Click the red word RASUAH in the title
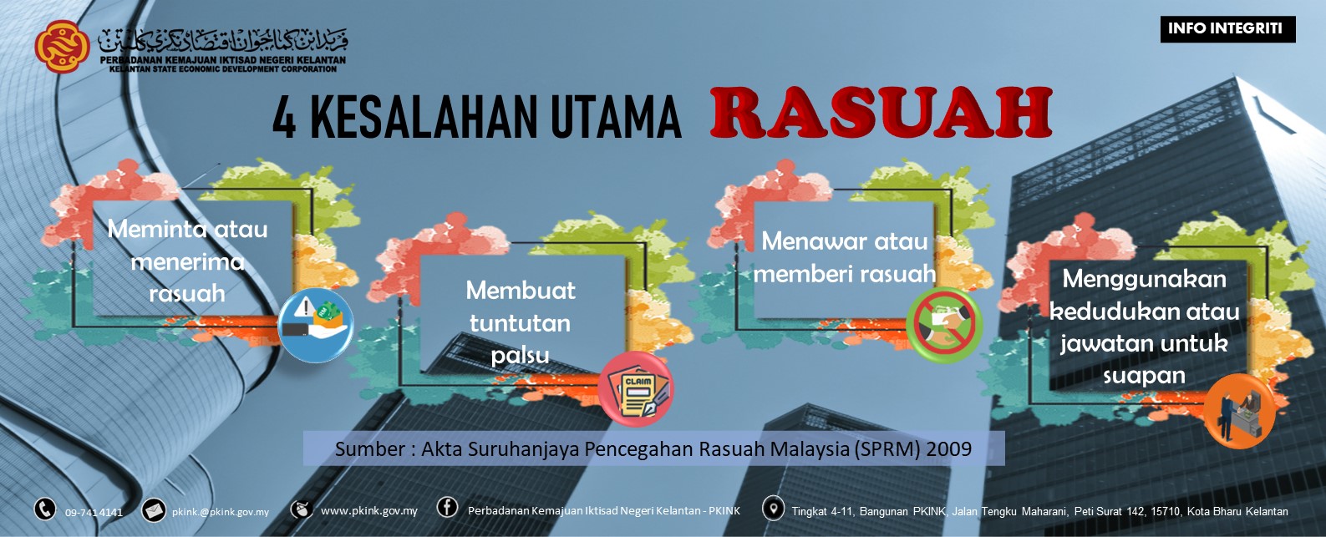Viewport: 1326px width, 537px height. (x=881, y=113)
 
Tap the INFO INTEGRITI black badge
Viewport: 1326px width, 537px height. (x=1227, y=28)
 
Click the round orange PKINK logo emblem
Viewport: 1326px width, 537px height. (x=62, y=46)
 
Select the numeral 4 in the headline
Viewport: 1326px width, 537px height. (x=284, y=118)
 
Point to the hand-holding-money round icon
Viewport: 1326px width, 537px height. (x=315, y=325)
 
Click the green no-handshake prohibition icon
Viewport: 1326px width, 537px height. (x=944, y=325)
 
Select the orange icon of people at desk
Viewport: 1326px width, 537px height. (x=1239, y=410)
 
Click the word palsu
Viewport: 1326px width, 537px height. (x=520, y=356)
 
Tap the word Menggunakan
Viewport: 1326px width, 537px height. (x=1144, y=279)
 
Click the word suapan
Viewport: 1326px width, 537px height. (x=1144, y=376)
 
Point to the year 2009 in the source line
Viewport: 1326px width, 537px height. (x=949, y=449)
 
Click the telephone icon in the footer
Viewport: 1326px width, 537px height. (x=44, y=509)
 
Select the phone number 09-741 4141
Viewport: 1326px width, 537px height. (x=94, y=512)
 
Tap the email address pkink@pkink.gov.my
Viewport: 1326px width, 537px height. (x=221, y=512)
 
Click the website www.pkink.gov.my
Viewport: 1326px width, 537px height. (x=368, y=510)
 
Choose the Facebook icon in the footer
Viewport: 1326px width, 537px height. (x=447, y=507)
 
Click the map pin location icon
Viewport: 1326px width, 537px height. (x=773, y=508)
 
